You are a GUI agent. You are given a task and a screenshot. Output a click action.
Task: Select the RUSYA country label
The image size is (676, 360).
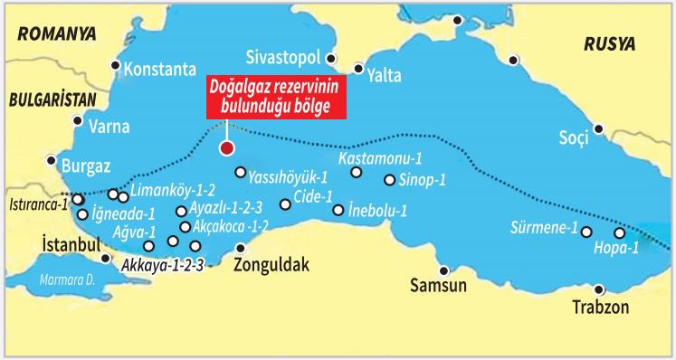point(609,43)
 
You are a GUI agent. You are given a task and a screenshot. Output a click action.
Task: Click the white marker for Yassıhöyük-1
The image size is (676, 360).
point(240,173)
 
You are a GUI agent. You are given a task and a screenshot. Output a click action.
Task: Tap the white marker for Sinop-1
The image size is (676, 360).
point(390,180)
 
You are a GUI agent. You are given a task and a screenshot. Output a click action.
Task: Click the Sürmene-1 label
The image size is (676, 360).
point(543,227)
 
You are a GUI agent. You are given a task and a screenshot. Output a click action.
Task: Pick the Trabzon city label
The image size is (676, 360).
point(600,307)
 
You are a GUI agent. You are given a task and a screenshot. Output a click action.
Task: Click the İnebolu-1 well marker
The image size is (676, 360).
point(338,211)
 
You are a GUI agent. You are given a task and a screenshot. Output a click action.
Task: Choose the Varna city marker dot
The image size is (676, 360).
point(79,120)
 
